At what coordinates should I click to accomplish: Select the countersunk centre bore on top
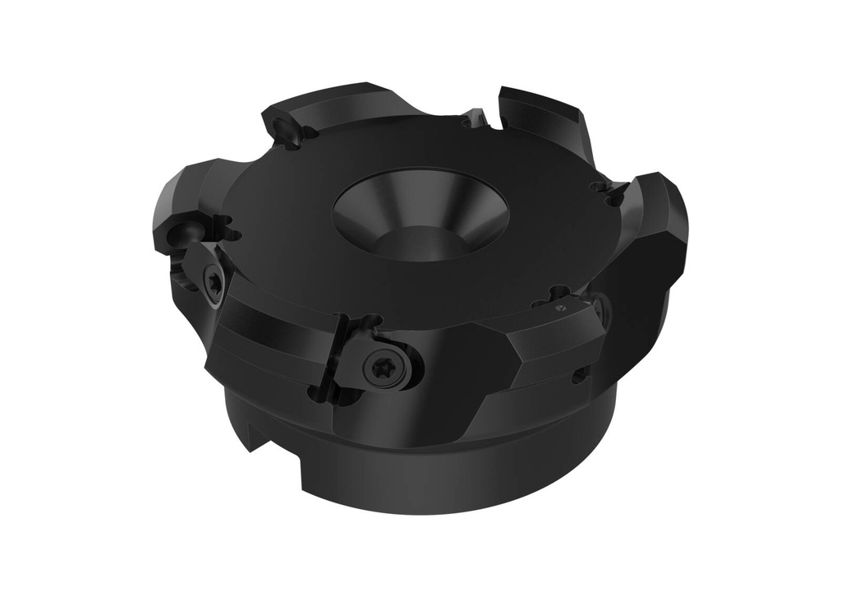(420, 215)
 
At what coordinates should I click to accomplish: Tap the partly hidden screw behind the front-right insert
(602, 308)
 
